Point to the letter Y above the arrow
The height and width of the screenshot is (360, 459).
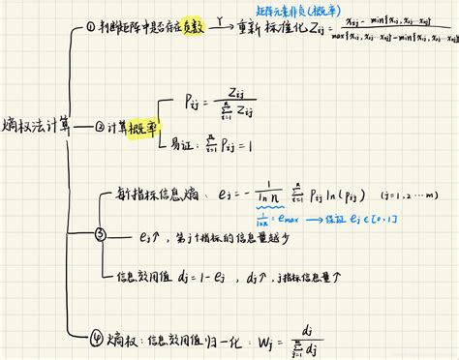point(222,18)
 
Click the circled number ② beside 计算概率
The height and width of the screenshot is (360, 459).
point(101,127)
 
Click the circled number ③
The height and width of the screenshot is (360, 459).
point(100,234)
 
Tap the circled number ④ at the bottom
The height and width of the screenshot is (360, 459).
point(100,338)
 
